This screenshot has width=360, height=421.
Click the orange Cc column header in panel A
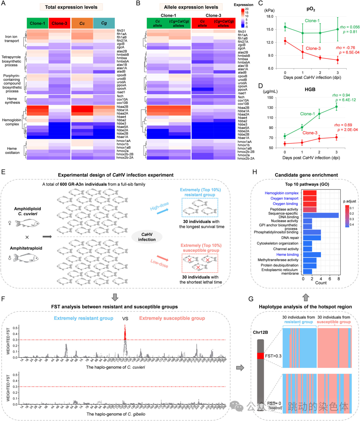[x=82, y=23]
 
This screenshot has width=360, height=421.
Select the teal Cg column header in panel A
[x=104, y=23]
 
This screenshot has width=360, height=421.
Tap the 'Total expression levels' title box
[x=71, y=7]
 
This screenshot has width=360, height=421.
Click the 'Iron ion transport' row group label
[x=11, y=39]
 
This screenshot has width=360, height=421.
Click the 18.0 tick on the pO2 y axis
[x=270, y=16]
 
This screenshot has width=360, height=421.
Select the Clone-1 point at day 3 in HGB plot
[x=336, y=107]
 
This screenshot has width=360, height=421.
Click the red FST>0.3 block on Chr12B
[x=260, y=356]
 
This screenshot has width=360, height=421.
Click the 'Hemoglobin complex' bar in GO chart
[x=309, y=193]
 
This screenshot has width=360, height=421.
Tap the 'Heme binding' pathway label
[x=287, y=254]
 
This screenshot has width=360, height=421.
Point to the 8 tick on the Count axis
[x=339, y=279]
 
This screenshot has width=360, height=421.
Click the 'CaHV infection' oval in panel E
[x=147, y=237]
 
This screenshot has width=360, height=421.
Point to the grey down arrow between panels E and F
[x=115, y=297]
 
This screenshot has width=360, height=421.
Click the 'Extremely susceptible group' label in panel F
[x=172, y=318]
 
